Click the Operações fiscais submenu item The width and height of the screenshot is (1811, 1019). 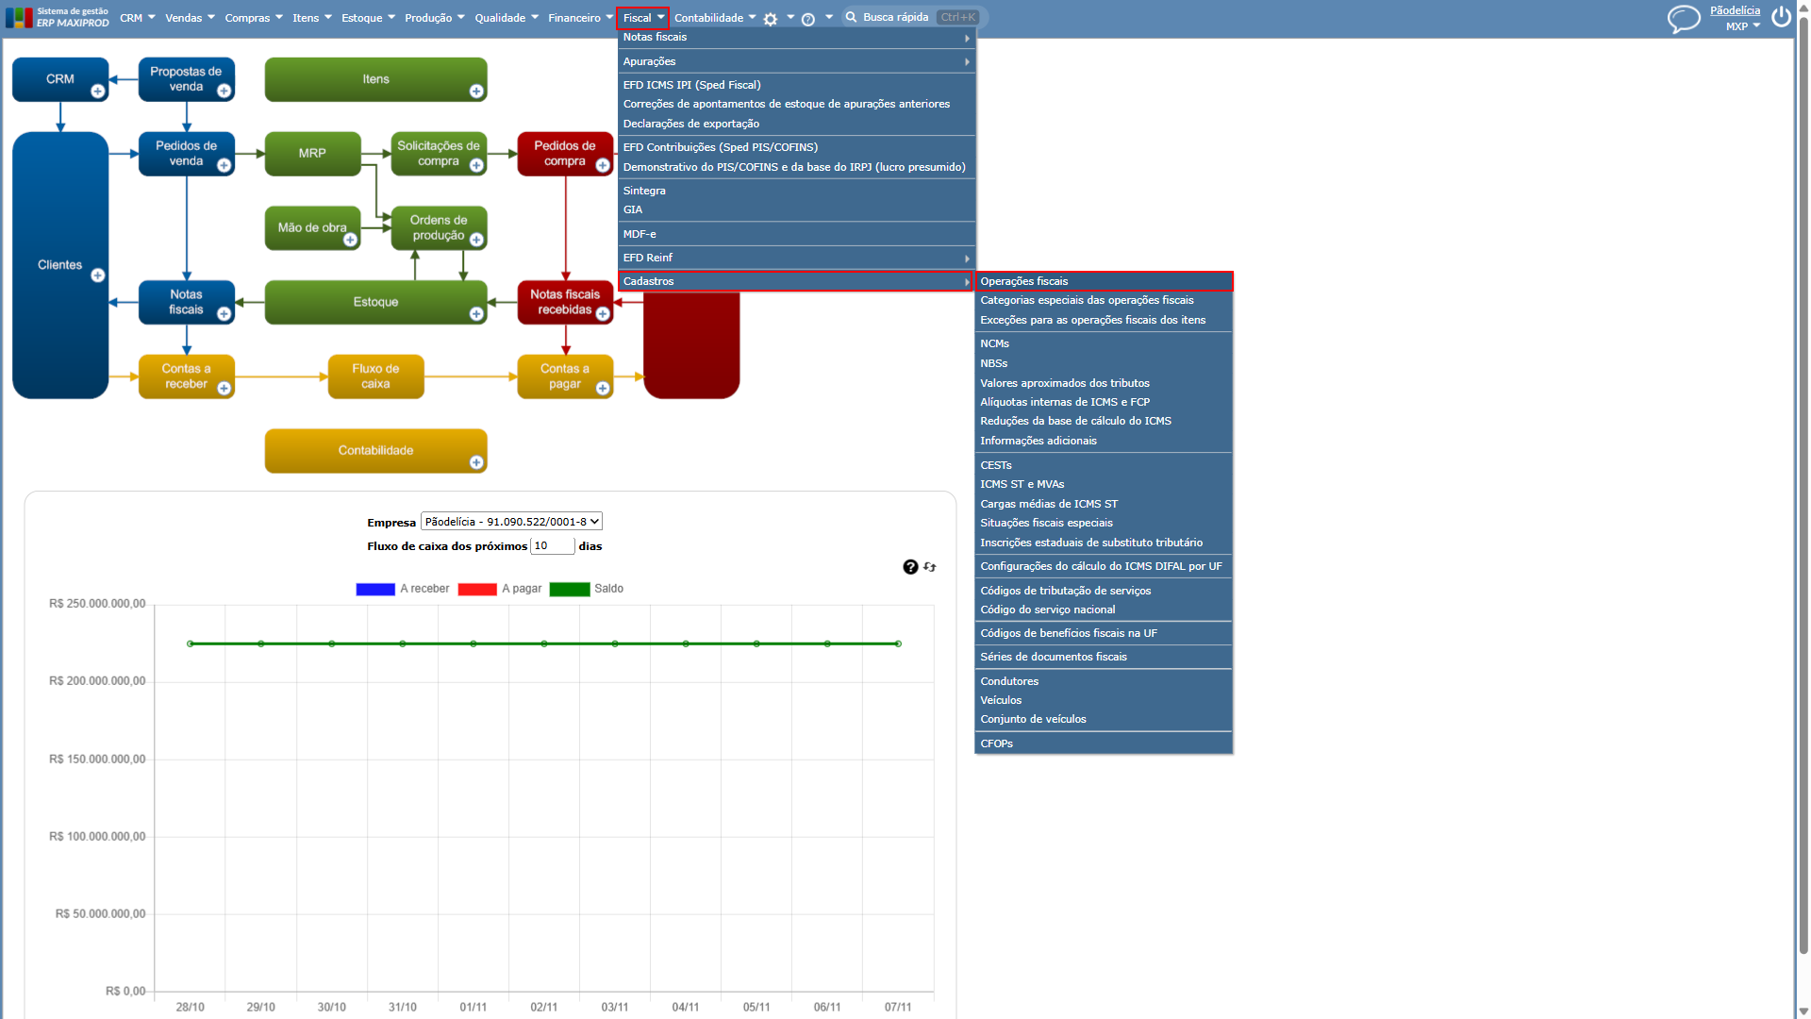tap(1023, 281)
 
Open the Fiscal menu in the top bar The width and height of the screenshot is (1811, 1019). tap(642, 18)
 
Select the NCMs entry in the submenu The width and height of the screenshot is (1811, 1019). tap(994, 343)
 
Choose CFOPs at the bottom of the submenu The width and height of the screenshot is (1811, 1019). tap(996, 743)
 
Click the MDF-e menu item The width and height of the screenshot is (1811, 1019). tap(640, 234)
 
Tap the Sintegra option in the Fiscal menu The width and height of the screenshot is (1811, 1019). tap(644, 191)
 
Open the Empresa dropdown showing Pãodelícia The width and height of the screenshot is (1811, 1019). tap(511, 522)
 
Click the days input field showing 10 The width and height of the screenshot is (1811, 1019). tap(553, 545)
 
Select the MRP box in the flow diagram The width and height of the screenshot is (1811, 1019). tap(312, 154)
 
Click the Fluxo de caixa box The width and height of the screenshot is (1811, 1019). tap(375, 376)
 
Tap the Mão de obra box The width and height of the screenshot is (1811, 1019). tap(312, 228)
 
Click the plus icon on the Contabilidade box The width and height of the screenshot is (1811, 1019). tap(476, 462)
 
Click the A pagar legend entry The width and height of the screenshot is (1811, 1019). tap(500, 589)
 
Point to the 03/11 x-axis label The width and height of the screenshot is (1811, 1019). tap(615, 1007)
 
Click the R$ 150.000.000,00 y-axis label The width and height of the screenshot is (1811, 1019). tap(97, 760)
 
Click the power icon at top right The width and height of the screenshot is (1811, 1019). tap(1781, 17)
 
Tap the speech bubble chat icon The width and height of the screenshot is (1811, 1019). tap(1684, 19)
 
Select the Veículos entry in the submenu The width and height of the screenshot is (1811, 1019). tap(1001, 700)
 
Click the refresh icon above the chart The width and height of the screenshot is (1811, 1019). tap(930, 567)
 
